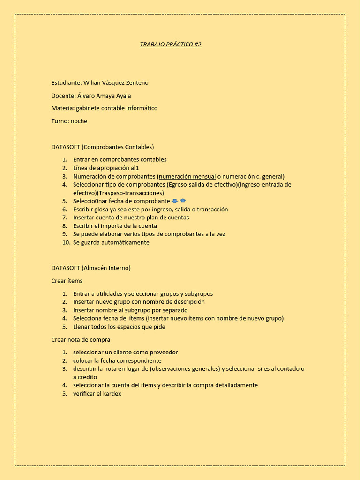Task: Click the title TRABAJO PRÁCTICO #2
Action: [171, 45]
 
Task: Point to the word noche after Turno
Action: [79, 121]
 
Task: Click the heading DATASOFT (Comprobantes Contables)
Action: [103, 147]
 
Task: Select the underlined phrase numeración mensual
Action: [187, 177]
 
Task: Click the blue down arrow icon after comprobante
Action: [175, 201]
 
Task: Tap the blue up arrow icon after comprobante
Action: [183, 201]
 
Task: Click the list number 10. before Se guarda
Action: [66, 242]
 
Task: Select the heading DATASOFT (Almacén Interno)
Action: [91, 268]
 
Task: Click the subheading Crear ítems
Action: [67, 281]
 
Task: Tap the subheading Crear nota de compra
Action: [81, 339]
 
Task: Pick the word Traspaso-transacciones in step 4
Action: [130, 193]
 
